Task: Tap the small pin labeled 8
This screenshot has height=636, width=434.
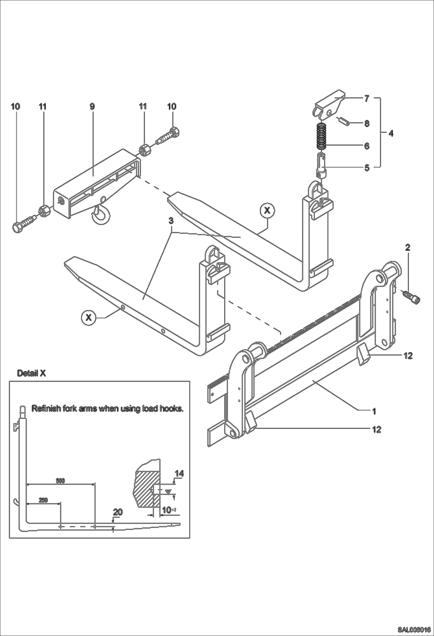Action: click(x=343, y=121)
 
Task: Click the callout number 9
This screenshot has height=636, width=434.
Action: click(x=92, y=106)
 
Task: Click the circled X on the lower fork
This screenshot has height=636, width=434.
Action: click(x=89, y=318)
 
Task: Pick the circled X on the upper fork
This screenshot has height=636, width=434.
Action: click(x=267, y=211)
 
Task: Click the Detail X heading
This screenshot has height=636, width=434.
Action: click(x=31, y=373)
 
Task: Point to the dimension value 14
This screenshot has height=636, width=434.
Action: click(x=179, y=474)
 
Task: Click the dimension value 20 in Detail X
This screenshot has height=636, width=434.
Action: click(x=118, y=512)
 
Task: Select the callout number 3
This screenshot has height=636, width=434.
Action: click(x=171, y=221)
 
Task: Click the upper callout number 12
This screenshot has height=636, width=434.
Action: click(x=408, y=356)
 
